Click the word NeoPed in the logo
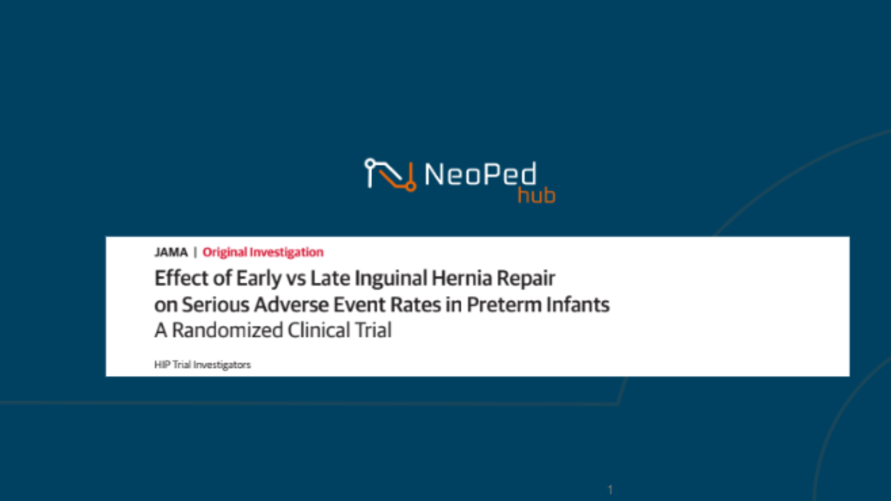click(480, 174)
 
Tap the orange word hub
click(536, 195)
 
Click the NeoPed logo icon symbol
click(390, 174)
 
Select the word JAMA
click(171, 252)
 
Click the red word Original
click(225, 252)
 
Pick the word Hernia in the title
click(462, 278)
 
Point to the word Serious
click(215, 305)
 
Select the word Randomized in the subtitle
click(227, 330)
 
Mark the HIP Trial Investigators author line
click(202, 365)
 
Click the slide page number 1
click(610, 489)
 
